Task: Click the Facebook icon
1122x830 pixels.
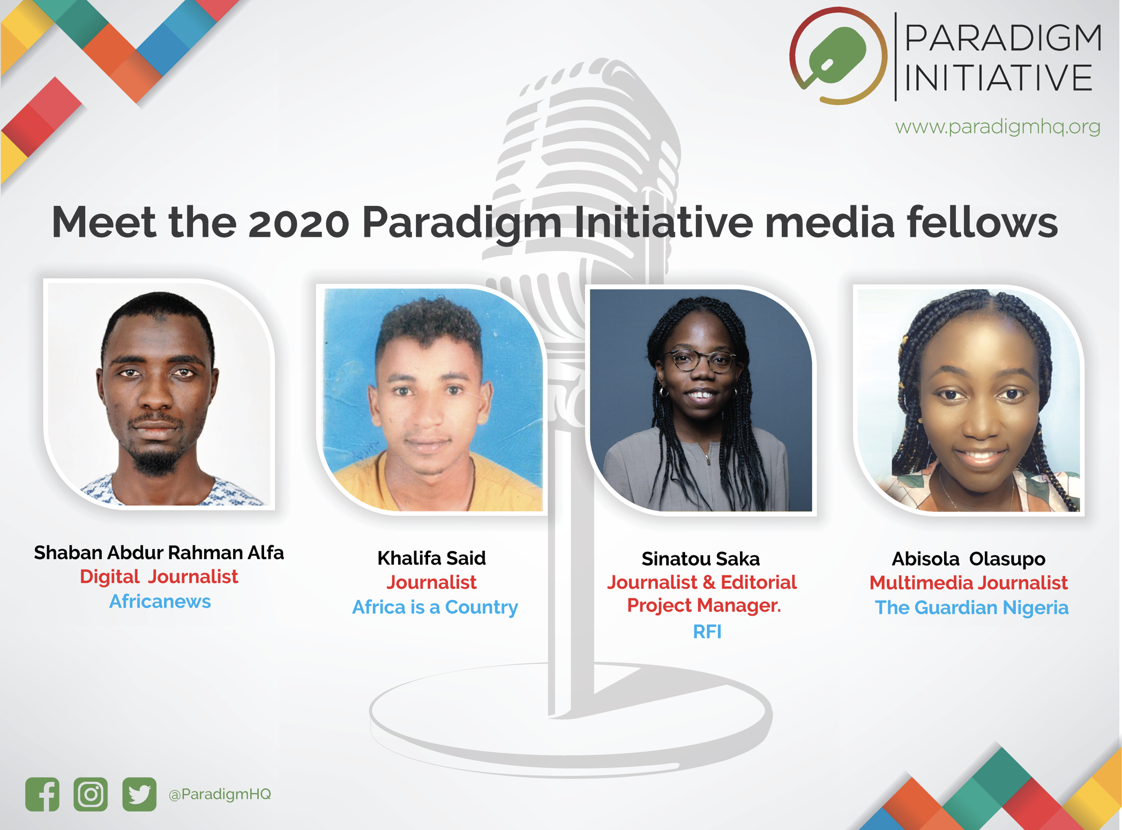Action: click(x=42, y=794)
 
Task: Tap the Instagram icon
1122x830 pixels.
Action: click(x=91, y=794)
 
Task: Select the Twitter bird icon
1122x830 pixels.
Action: click(x=139, y=794)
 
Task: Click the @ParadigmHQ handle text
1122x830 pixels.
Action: click(x=220, y=794)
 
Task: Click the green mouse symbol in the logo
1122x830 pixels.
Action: click(x=837, y=56)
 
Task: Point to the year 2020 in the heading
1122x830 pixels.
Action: click(x=299, y=223)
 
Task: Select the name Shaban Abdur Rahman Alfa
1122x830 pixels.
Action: click(x=159, y=553)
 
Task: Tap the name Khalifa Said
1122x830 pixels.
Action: click(x=431, y=558)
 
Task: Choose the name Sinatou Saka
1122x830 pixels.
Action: click(x=700, y=559)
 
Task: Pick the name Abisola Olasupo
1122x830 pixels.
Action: click(x=968, y=559)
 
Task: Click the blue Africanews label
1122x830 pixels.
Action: click(x=160, y=602)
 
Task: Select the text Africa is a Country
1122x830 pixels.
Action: click(x=435, y=607)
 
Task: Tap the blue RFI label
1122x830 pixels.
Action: click(x=707, y=632)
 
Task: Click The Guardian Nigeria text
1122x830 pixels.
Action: click(x=971, y=607)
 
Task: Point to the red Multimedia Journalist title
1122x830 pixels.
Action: click(x=968, y=583)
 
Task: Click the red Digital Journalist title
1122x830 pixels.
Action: click(x=159, y=577)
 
